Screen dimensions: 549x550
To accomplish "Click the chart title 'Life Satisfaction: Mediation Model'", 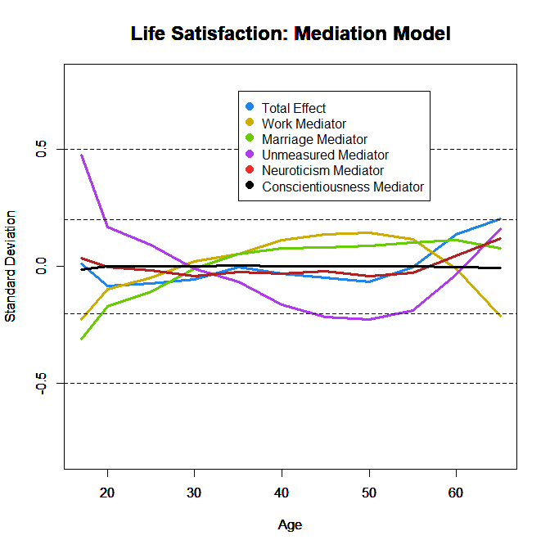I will click(291, 34).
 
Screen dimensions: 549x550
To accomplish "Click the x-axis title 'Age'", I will click(290, 524).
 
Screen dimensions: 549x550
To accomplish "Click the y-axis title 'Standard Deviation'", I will click(11, 267).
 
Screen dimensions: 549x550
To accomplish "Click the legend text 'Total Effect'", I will click(294, 108).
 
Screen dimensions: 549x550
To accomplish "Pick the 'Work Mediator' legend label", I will click(300, 124).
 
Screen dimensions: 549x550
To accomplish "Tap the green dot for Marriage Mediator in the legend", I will click(250, 139).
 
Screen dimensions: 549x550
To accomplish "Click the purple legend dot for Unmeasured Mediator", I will click(250, 155).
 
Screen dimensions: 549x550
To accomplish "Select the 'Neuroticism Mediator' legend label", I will click(322, 171).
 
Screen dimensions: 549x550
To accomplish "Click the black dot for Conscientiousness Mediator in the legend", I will click(250, 187).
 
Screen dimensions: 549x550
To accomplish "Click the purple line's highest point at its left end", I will click(81, 155).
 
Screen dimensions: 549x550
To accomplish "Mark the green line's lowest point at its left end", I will click(81, 339).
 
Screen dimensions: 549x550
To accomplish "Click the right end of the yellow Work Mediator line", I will click(500, 317).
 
